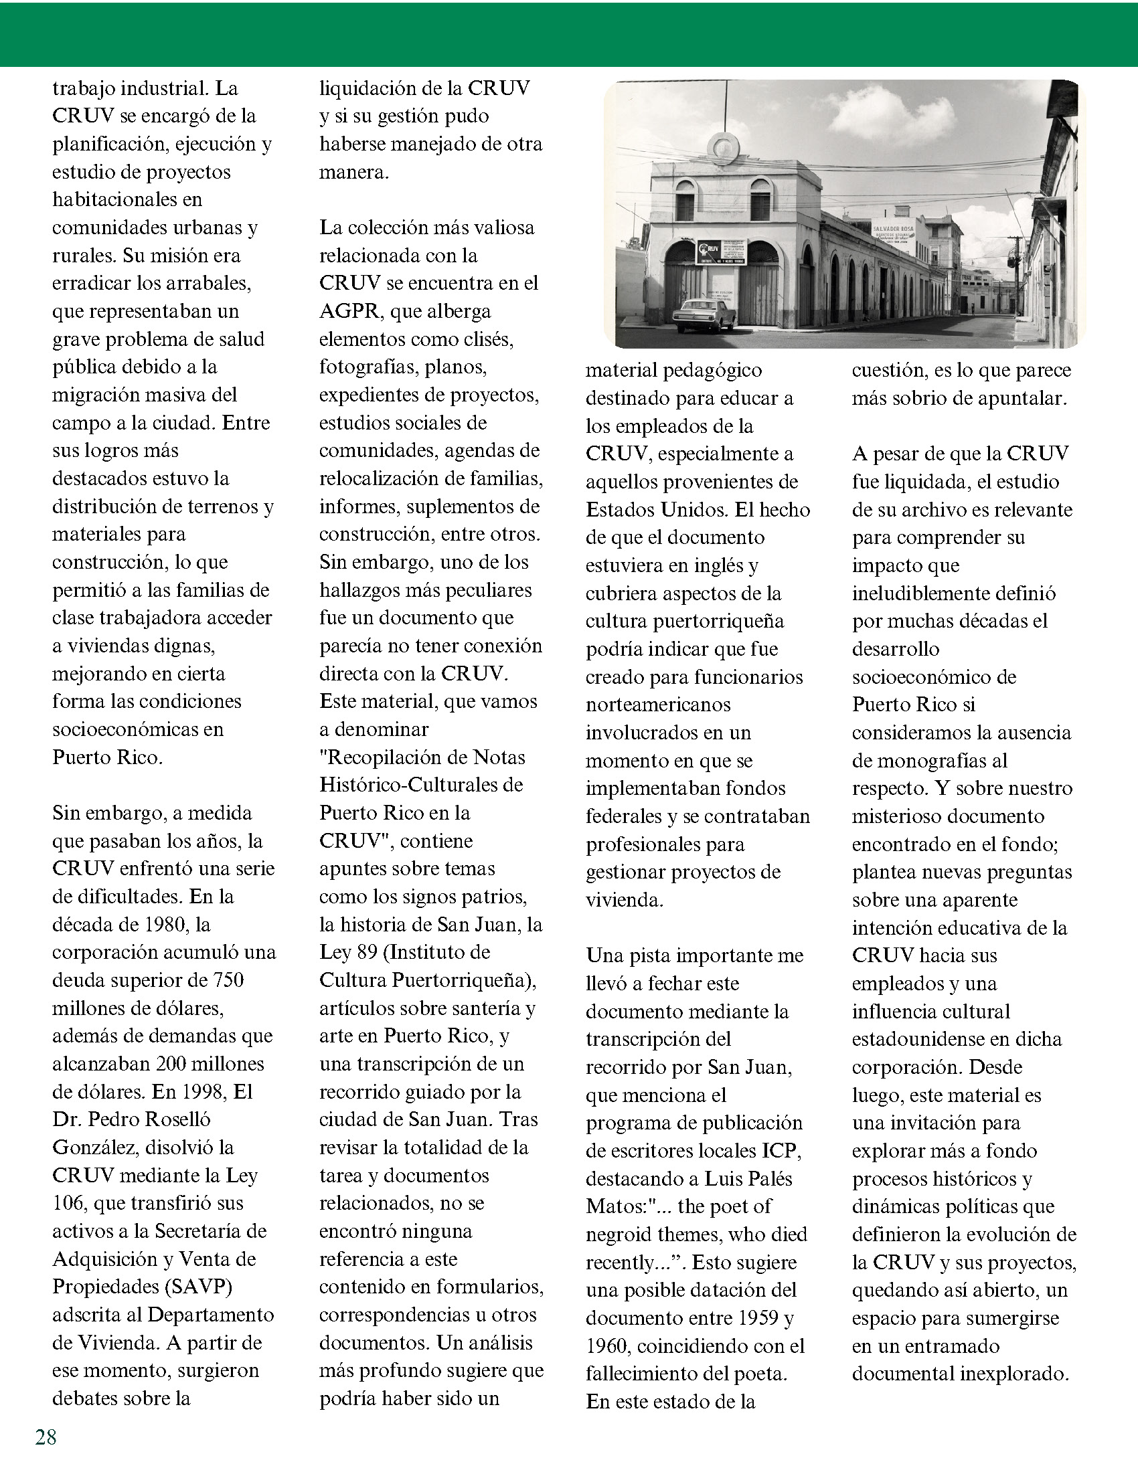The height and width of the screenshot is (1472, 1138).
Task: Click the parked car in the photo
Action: coord(705,314)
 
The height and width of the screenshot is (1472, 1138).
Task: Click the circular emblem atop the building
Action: coord(724,145)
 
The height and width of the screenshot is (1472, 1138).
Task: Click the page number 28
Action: coord(46,1437)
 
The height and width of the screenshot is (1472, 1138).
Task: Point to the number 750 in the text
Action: coord(227,980)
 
